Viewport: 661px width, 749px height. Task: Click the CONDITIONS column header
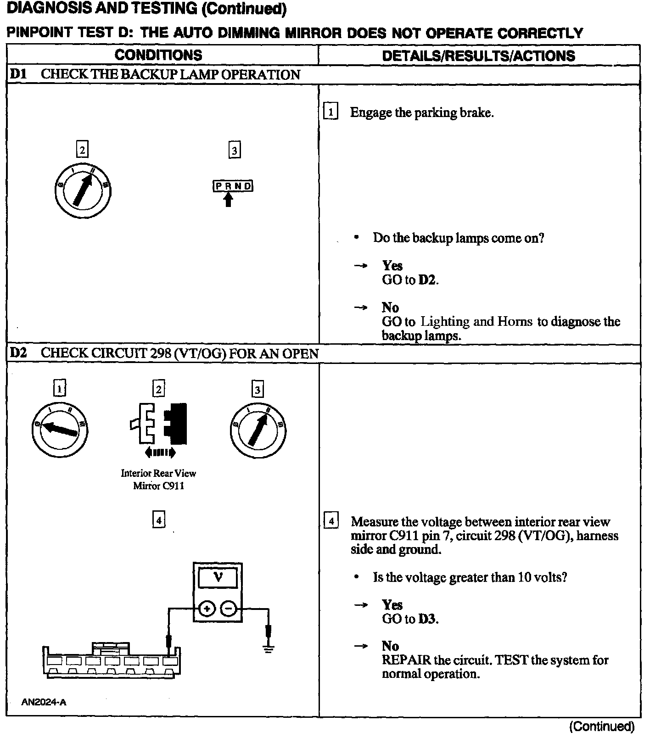[158, 55]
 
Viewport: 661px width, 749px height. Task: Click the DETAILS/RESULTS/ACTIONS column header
[478, 56]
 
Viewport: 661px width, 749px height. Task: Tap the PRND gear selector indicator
[233, 186]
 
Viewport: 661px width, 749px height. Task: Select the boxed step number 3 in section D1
[235, 151]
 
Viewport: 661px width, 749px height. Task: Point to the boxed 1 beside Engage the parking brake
[330, 112]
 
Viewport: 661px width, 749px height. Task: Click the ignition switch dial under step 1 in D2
[60, 429]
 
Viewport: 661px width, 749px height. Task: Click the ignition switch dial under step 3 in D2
[258, 430]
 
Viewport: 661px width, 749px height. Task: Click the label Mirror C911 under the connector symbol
[159, 486]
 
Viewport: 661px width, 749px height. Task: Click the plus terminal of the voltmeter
[207, 609]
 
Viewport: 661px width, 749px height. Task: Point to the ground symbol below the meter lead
[269, 648]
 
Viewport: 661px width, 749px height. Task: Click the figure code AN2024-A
[44, 702]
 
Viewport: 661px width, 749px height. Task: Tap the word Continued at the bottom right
[602, 727]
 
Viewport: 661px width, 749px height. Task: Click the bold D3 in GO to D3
[426, 619]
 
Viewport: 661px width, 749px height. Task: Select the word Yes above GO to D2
[392, 266]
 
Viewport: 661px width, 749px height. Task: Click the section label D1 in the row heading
[18, 74]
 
